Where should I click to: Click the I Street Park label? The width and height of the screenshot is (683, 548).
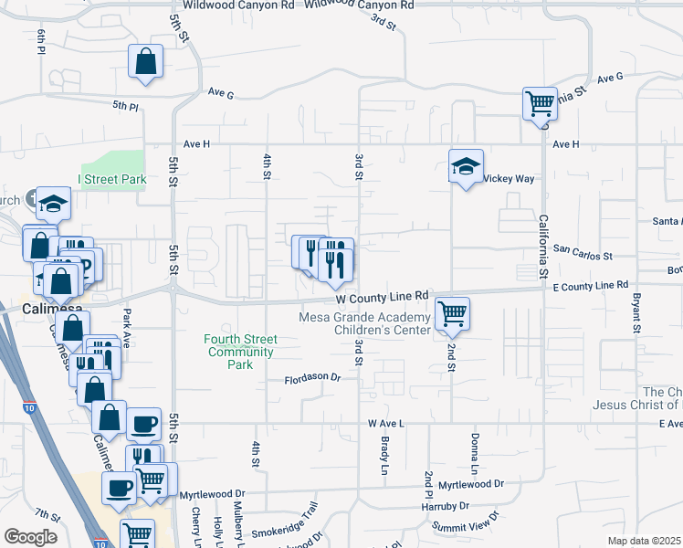pyautogui.click(x=112, y=180)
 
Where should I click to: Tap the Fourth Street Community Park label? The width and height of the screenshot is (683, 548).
pyautogui.click(x=241, y=352)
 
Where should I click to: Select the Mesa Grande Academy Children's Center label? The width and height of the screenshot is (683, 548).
pyautogui.click(x=364, y=323)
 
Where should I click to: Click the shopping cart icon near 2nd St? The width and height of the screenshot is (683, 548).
pyautogui.click(x=452, y=314)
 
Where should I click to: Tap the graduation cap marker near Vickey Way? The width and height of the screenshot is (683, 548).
pyautogui.click(x=466, y=167)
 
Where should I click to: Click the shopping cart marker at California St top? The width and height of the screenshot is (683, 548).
pyautogui.click(x=540, y=103)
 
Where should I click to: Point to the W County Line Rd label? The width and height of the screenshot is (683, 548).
pyautogui.click(x=382, y=297)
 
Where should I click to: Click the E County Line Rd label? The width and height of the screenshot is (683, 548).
pyautogui.click(x=591, y=287)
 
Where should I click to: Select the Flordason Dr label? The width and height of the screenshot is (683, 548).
pyautogui.click(x=312, y=377)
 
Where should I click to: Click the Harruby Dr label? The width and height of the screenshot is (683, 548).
pyautogui.click(x=445, y=505)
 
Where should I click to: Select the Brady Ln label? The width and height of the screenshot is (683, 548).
pyautogui.click(x=384, y=454)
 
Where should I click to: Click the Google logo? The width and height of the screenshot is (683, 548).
pyautogui.click(x=30, y=537)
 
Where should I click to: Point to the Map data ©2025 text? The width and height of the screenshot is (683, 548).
pyautogui.click(x=645, y=541)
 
